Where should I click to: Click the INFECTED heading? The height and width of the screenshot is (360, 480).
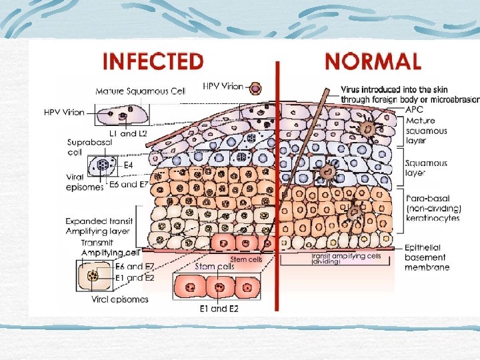click(x=153, y=61)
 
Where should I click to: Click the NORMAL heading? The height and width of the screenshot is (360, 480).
click(x=372, y=61)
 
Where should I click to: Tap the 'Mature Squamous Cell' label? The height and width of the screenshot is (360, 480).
click(x=140, y=91)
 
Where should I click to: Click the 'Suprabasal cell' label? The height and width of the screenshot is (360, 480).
click(x=85, y=147)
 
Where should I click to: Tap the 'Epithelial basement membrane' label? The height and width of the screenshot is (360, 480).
click(x=427, y=257)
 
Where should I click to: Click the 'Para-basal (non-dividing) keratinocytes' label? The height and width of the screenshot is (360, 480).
click(x=433, y=208)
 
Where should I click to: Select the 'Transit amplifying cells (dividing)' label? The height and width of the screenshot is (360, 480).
click(x=346, y=259)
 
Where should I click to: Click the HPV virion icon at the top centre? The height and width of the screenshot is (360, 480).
click(x=255, y=87)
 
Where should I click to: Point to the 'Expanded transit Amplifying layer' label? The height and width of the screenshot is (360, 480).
click(x=99, y=225)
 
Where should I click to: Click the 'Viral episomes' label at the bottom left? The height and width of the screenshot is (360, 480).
click(x=120, y=299)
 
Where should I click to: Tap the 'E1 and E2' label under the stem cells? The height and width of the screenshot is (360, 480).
click(x=219, y=309)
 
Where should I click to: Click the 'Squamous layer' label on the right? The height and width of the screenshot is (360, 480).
click(x=426, y=167)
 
